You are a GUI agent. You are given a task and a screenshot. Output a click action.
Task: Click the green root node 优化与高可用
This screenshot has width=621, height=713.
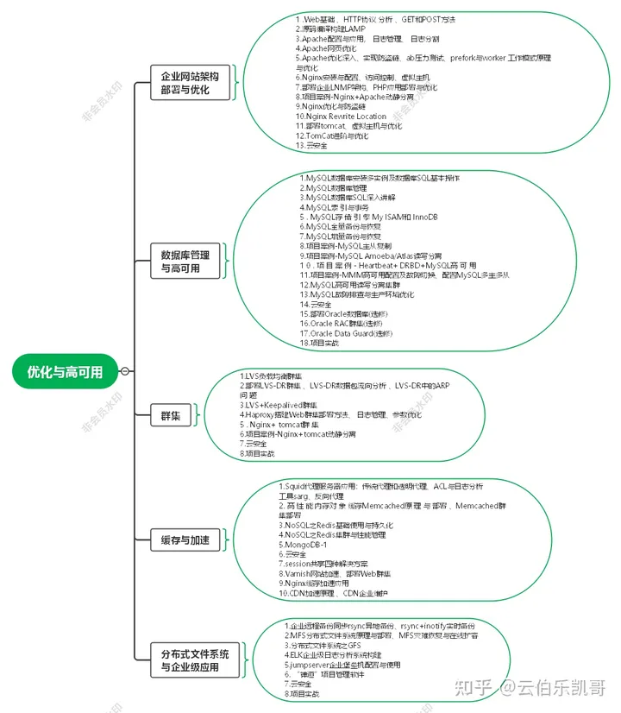tap(65, 372)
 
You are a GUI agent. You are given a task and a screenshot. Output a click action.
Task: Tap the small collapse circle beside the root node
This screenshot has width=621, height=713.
tap(126, 372)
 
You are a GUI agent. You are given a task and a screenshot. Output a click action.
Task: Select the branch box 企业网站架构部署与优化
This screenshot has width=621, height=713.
tap(184, 84)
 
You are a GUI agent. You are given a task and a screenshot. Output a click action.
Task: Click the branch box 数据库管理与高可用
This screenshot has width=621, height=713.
tap(185, 262)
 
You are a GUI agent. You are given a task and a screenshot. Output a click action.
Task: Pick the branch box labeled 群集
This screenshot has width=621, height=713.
tap(171, 416)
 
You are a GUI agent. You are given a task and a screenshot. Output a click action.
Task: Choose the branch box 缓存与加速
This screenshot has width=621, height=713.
tap(185, 541)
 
